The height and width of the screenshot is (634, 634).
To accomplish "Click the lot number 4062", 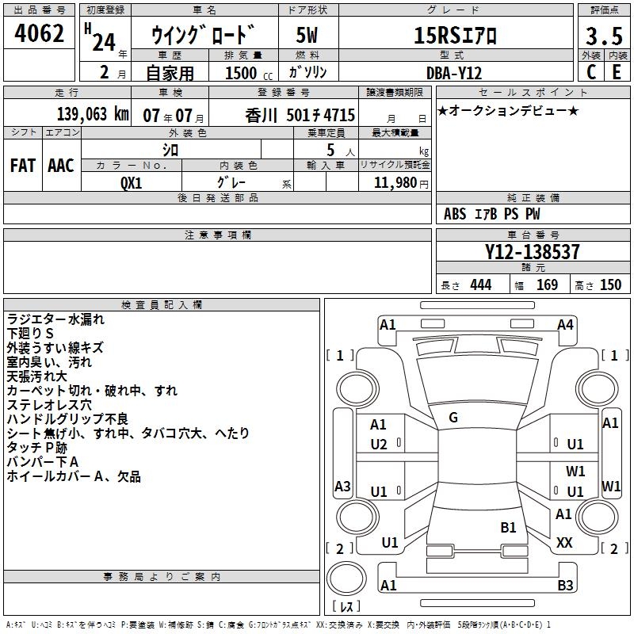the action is [x=39, y=33].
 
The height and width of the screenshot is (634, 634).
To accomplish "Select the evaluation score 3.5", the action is [x=604, y=36].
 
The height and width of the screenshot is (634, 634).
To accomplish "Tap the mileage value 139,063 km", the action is [x=93, y=114].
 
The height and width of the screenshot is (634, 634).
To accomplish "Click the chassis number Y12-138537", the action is [x=532, y=251].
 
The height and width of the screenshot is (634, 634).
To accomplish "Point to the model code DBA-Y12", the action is [x=454, y=73].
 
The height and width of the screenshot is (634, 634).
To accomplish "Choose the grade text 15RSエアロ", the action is [x=455, y=36].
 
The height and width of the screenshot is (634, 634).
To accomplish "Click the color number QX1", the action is [x=132, y=183].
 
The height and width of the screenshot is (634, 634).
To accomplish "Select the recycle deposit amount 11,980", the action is [x=395, y=183].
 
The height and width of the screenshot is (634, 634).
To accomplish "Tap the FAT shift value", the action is [x=23, y=166].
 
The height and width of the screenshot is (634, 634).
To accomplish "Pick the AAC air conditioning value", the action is [x=61, y=166].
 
